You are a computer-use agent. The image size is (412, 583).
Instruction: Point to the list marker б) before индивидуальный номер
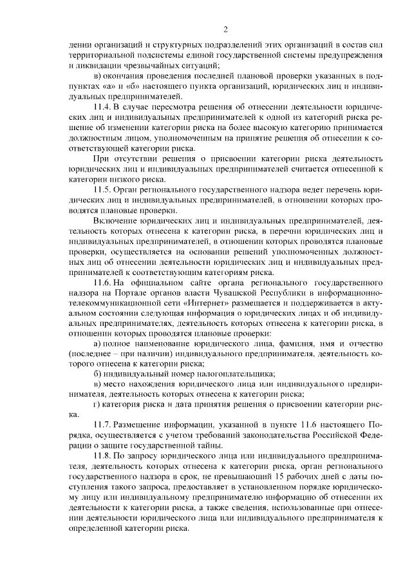tap(98, 374)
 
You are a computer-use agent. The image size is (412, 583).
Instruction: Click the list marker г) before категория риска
tap(97, 405)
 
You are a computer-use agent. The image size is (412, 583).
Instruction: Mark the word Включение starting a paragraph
tap(115, 221)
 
